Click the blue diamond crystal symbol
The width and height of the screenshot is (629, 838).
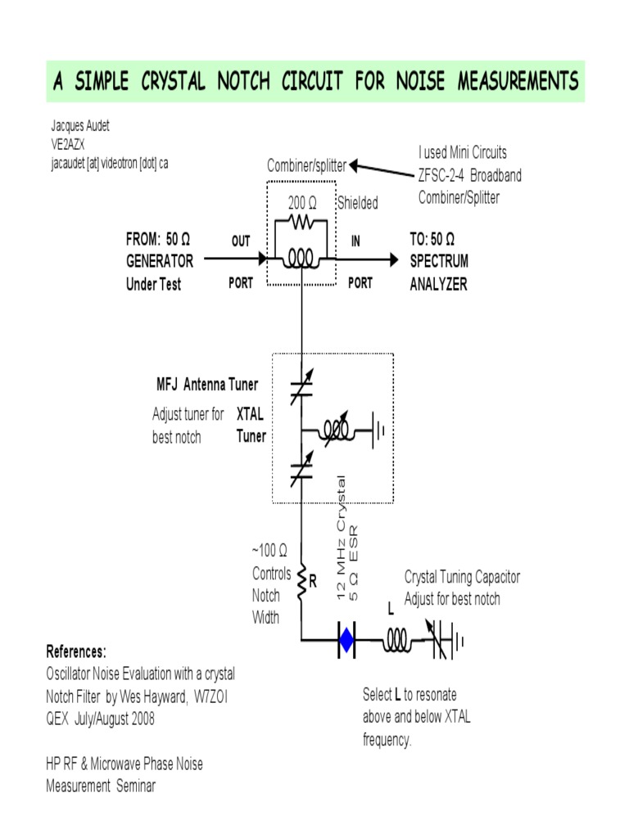pos(346,641)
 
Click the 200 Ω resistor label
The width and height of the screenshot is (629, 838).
pos(301,203)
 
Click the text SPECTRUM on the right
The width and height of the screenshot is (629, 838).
pos(439,262)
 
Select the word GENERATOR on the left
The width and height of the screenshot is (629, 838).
pos(160,262)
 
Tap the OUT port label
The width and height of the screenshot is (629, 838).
pos(241,241)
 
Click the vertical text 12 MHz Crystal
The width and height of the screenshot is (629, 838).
pos(342,536)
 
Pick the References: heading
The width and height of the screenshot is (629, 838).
pos(76,652)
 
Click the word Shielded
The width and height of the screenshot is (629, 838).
pos(357,203)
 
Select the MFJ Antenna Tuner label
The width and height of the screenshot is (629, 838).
pos(207,385)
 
